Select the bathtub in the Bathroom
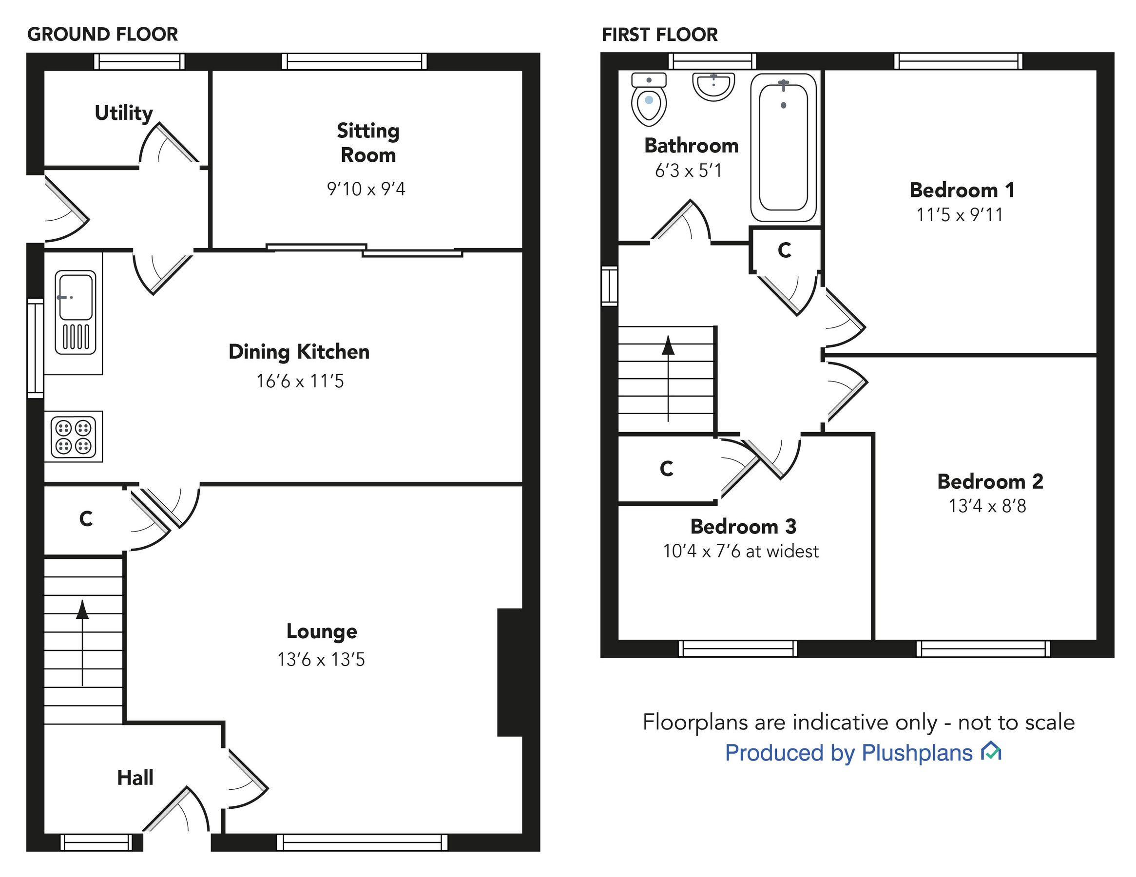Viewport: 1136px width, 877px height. click(x=783, y=147)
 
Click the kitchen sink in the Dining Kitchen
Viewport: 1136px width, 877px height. click(x=76, y=312)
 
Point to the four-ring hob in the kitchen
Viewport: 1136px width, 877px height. click(x=73, y=437)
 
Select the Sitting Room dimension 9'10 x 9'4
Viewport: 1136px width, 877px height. click(x=366, y=189)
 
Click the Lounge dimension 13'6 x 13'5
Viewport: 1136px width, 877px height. click(x=321, y=660)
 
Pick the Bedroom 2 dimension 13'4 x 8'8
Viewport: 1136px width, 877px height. click(x=987, y=506)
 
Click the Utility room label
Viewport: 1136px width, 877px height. click(x=124, y=113)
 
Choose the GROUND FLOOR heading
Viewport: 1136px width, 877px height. click(x=102, y=34)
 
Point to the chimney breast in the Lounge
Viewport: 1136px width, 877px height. click(x=510, y=672)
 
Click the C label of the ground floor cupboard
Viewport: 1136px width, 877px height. click(x=86, y=518)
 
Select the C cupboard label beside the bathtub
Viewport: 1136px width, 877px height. click(x=785, y=251)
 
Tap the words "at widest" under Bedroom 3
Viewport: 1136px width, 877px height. click(x=782, y=552)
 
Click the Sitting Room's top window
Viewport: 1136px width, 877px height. click(x=354, y=62)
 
